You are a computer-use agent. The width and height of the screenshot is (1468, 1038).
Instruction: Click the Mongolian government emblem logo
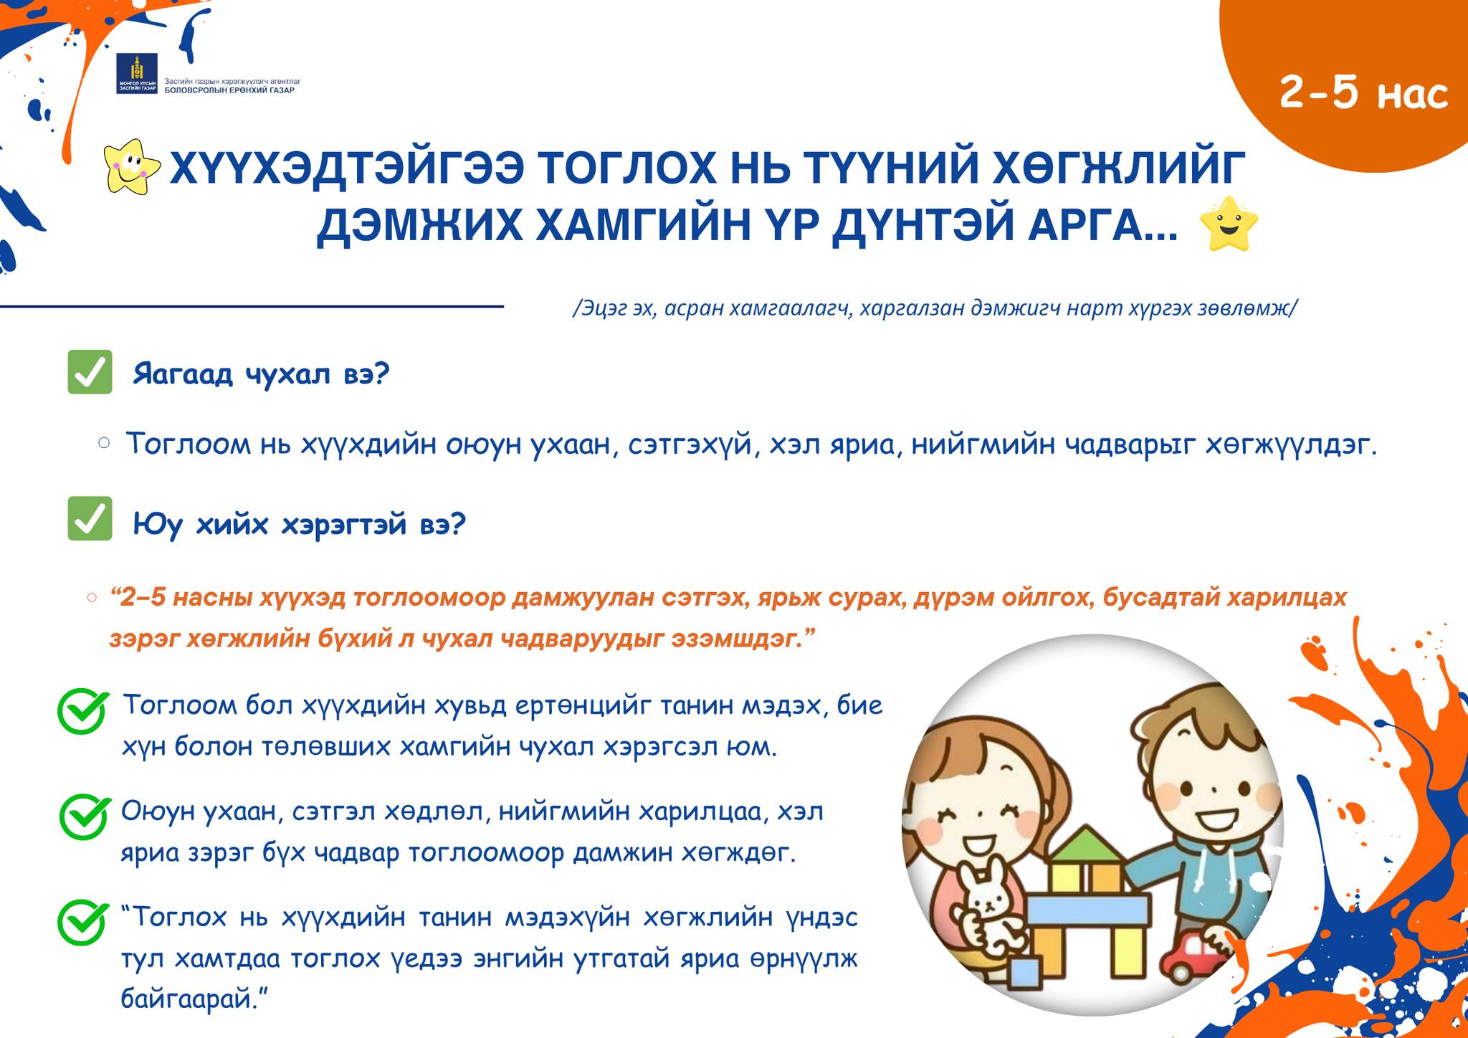[135, 73]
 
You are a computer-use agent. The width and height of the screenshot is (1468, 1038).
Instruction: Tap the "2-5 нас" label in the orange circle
[1363, 93]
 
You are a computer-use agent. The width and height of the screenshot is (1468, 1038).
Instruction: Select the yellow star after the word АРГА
[1229, 224]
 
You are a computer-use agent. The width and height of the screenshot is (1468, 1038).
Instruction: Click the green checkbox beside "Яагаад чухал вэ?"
[90, 372]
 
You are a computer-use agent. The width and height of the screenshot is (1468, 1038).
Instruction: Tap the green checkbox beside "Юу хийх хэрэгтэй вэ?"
[90, 518]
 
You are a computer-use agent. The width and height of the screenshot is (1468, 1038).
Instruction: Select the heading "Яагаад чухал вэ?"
[261, 374]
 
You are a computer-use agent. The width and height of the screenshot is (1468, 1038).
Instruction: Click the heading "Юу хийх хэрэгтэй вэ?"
[300, 525]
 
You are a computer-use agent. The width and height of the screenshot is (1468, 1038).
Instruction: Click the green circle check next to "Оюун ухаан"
[84, 816]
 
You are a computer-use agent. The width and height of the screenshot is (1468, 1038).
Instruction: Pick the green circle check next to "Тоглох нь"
[84, 922]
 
